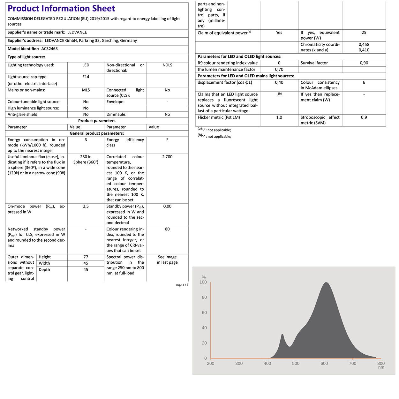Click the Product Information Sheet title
coord(61,9)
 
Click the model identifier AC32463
coord(49,49)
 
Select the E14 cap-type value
coord(86,77)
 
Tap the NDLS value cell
coord(167,65)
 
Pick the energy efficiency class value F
coord(167,140)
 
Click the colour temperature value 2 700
coord(167,157)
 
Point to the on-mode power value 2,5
coord(86,207)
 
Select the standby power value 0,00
coord(167,207)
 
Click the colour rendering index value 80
coord(167,229)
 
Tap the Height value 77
coord(86,257)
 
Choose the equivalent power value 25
coord(364,33)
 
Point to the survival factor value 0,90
coord(364,63)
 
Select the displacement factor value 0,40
coord(279,82)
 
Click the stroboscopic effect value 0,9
coord(364,117)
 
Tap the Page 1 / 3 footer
coord(182,285)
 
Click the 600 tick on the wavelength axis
coord(324,363)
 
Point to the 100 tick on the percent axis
coord(203,282)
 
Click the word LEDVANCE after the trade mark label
coord(77,33)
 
